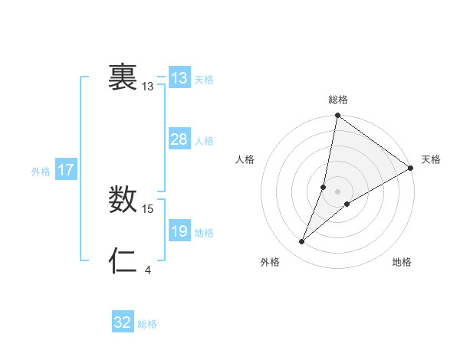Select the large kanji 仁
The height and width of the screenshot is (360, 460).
pyautogui.click(x=123, y=261)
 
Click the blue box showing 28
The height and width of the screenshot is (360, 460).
pyautogui.click(x=179, y=139)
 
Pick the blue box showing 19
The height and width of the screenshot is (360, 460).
pyautogui.click(x=179, y=231)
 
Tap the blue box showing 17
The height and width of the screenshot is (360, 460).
pyautogui.click(x=66, y=170)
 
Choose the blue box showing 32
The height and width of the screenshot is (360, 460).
pyautogui.click(x=123, y=322)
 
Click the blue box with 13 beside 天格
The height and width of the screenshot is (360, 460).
pyautogui.click(x=179, y=78)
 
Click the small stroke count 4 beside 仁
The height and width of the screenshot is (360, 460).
pyautogui.click(x=148, y=270)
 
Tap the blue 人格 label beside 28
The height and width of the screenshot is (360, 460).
pyautogui.click(x=203, y=141)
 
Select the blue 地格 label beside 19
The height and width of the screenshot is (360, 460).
pyautogui.click(x=203, y=233)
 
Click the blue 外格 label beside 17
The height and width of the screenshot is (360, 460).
pyautogui.click(x=41, y=172)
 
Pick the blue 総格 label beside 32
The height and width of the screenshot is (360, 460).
pyautogui.click(x=147, y=324)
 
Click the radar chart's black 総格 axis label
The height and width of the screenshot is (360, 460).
pyautogui.click(x=338, y=100)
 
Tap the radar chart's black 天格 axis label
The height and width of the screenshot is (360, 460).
pyautogui.click(x=431, y=159)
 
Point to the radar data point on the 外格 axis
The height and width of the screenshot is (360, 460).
pyautogui.click(x=302, y=242)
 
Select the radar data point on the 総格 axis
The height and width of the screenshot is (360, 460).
pyautogui.click(x=338, y=116)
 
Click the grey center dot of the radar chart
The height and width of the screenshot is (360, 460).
pyautogui.click(x=338, y=191)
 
